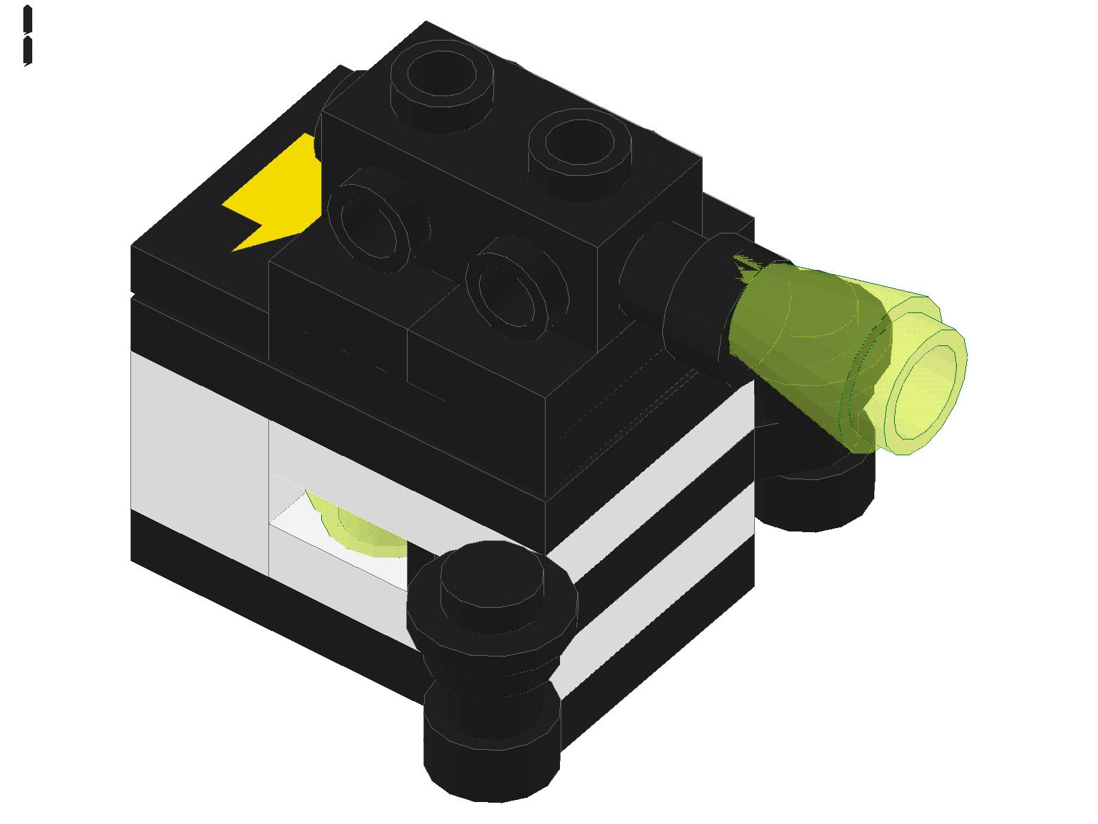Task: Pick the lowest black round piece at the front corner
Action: (491, 755)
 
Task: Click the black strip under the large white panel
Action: (199, 542)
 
